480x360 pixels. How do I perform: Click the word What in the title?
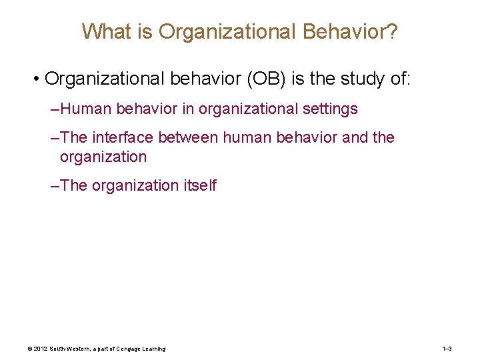[x=103, y=31]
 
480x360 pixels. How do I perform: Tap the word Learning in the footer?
[x=151, y=349]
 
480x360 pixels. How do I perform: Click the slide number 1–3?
[x=447, y=349]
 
